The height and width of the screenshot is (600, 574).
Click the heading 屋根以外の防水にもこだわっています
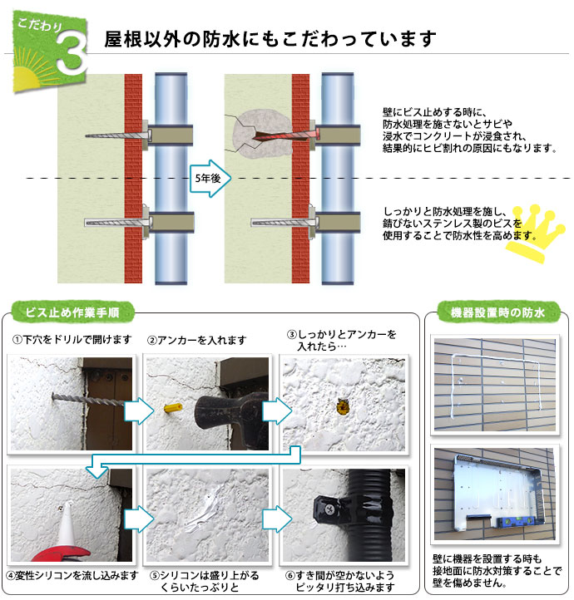point(270,38)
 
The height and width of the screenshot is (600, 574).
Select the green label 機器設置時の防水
point(497,313)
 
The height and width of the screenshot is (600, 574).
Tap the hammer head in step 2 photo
point(218,407)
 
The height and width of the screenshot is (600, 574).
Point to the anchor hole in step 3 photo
point(340,406)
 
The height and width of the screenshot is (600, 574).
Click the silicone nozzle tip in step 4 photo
point(65,512)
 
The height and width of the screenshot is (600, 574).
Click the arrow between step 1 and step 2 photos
point(139,409)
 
